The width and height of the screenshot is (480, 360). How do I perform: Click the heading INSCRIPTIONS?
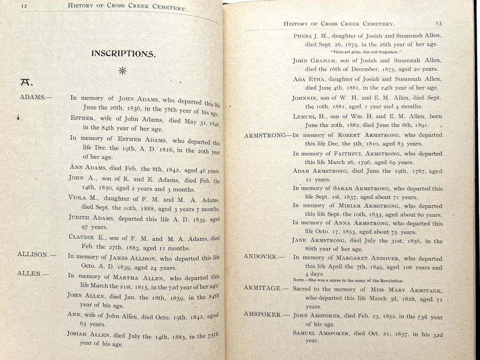coord(123,53)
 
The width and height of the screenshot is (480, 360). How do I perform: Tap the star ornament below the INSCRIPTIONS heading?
coord(123,71)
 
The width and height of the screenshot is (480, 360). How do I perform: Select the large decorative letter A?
coord(25,82)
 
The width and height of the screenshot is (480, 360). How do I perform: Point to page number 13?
coord(438,23)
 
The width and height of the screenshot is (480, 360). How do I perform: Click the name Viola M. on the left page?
coord(80,197)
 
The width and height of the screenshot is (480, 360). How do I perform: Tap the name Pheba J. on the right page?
coord(306,36)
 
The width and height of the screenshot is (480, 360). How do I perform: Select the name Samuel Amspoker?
coord(322,333)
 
